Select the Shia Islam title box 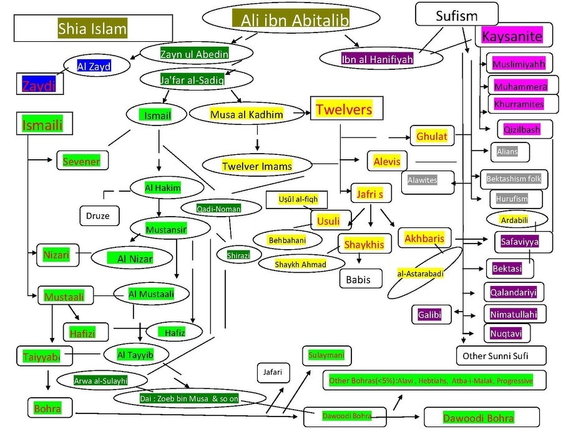click(92, 27)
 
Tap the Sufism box click(457, 15)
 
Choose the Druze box click(99, 216)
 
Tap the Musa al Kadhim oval click(246, 115)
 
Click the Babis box click(358, 279)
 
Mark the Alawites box click(422, 180)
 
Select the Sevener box click(81, 161)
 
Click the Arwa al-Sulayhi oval click(102, 379)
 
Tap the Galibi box click(430, 315)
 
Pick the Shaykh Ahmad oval click(301, 265)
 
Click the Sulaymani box click(326, 355)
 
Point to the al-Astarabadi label click(419, 274)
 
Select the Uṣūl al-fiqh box click(298, 199)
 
